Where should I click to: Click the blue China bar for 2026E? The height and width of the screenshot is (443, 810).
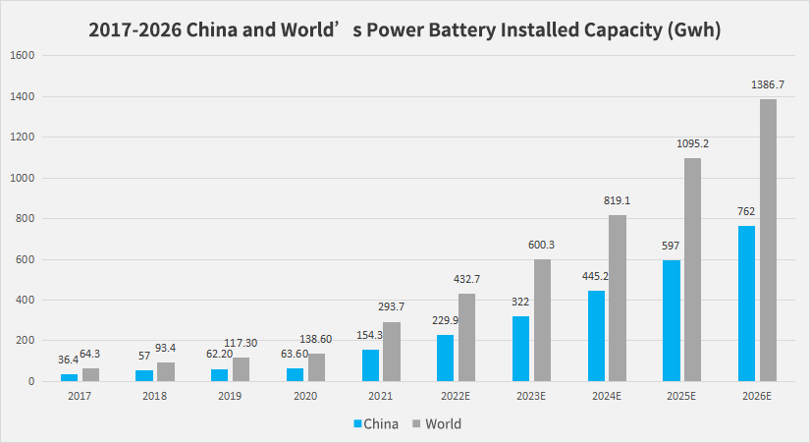point(746,304)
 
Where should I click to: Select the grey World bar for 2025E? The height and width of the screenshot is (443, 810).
point(693,269)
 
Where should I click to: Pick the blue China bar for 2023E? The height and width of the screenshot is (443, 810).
point(520,348)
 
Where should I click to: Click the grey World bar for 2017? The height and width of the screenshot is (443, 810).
point(90,374)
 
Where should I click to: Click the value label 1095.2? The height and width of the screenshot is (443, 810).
point(692,144)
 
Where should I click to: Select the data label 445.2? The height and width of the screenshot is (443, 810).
point(596,276)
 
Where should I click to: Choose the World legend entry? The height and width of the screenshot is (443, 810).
point(436,424)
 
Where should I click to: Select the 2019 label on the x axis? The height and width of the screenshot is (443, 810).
point(231,397)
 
